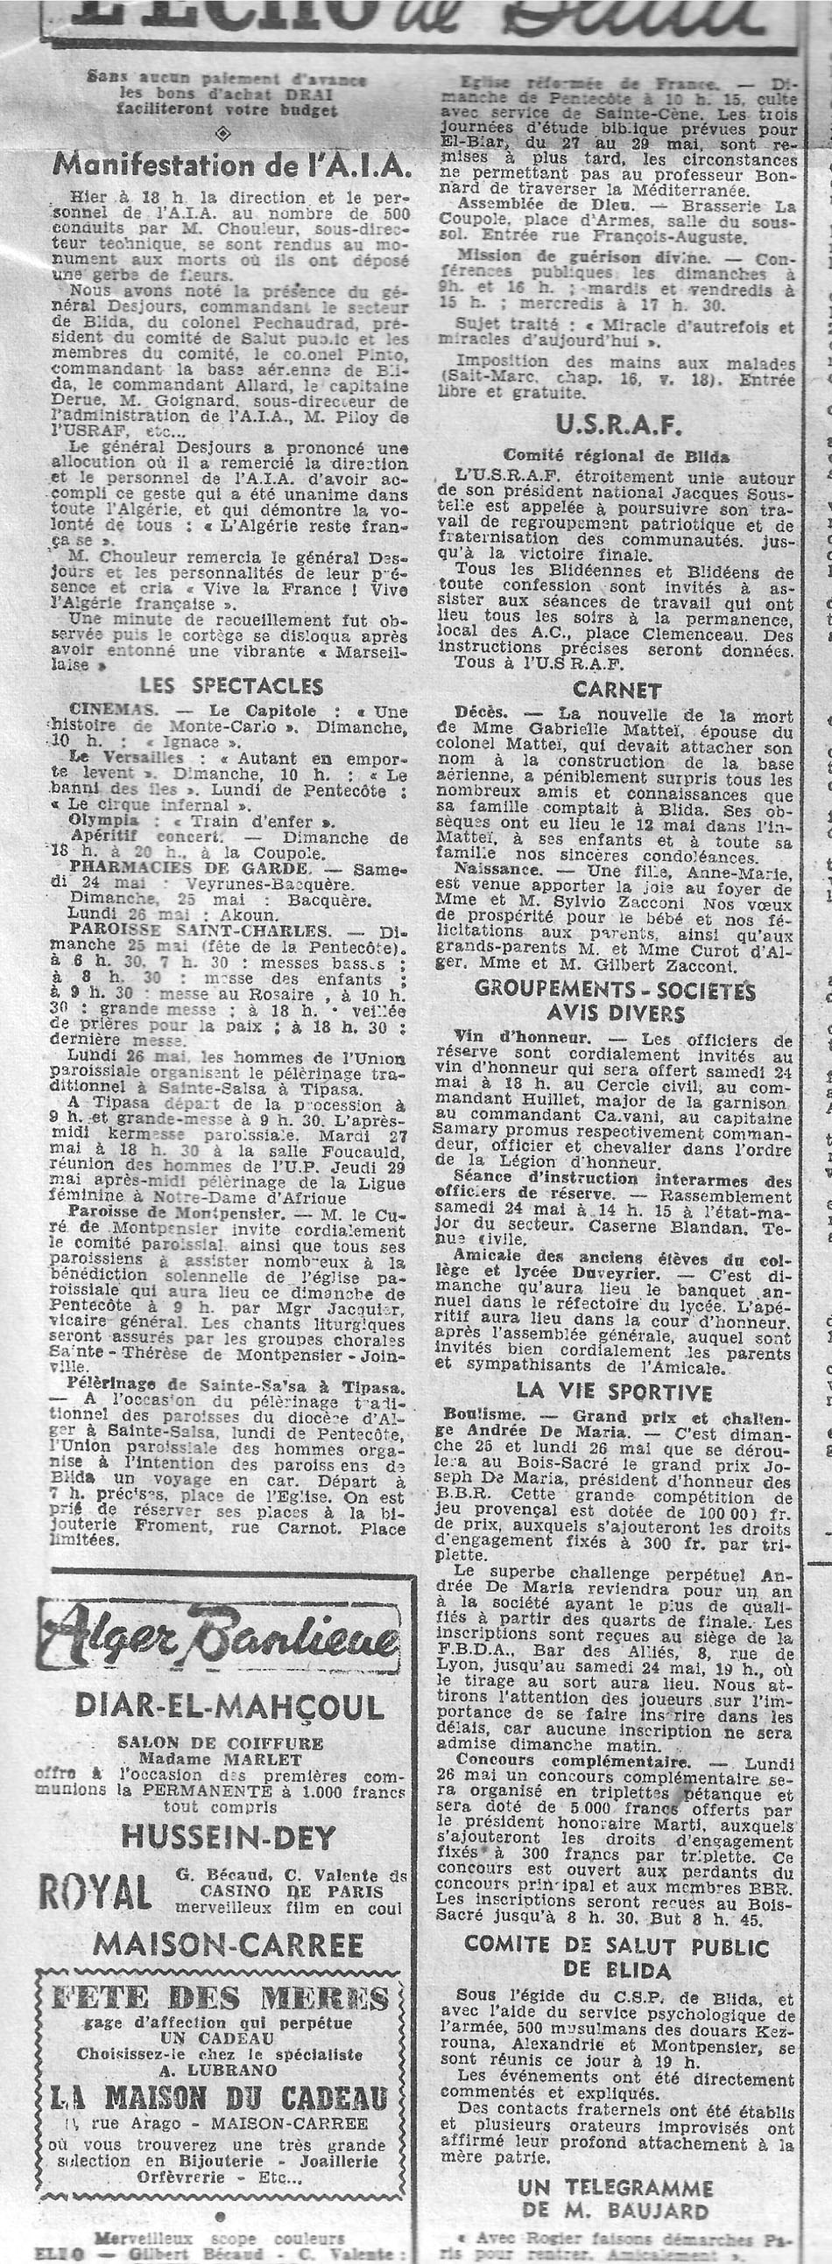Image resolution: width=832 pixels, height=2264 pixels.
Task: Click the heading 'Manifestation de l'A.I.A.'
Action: [231, 165]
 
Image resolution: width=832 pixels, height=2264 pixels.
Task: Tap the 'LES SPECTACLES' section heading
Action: [231, 685]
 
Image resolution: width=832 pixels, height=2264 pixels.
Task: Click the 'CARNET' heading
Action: [616, 690]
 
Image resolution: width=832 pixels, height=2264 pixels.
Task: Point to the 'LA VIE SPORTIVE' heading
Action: [614, 1391]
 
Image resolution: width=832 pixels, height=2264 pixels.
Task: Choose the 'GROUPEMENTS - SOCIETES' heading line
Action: [615, 991]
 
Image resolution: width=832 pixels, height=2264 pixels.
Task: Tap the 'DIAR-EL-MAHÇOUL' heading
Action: [229, 1707]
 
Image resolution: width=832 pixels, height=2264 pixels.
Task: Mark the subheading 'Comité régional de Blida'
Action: [616, 456]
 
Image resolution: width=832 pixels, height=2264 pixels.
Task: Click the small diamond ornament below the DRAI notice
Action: [223, 134]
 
